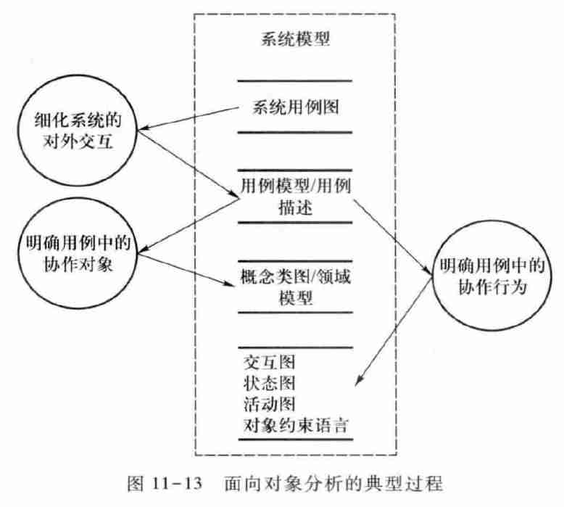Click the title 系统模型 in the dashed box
(x=294, y=38)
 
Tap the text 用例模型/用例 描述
(x=294, y=196)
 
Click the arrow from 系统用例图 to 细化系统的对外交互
(x=188, y=120)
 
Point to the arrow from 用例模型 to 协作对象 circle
(x=188, y=225)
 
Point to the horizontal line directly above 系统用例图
(x=294, y=81)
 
